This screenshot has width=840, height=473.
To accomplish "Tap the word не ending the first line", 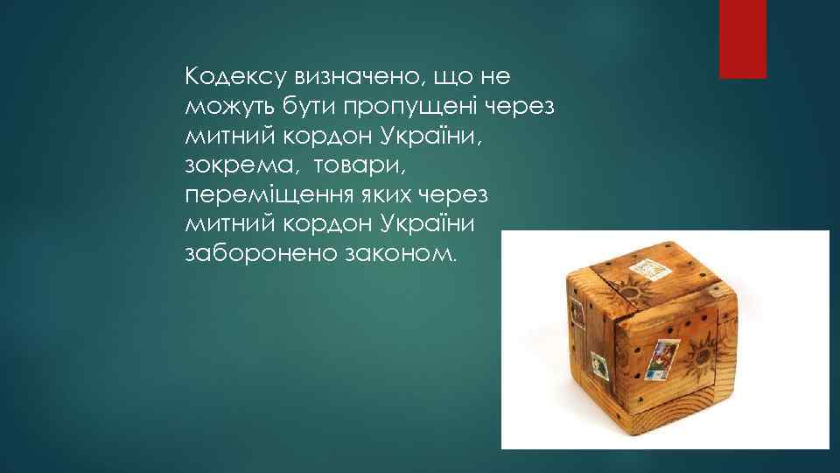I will (493, 78).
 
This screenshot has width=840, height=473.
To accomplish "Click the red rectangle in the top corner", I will (742, 39).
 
